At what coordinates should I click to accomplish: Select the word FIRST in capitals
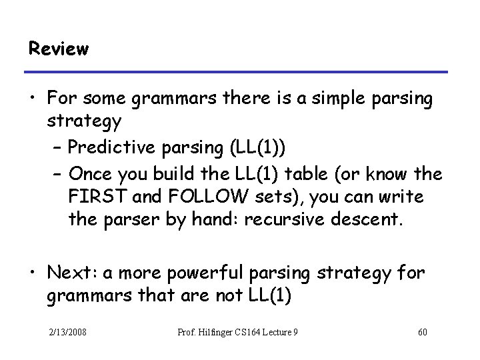[x=91, y=198]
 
